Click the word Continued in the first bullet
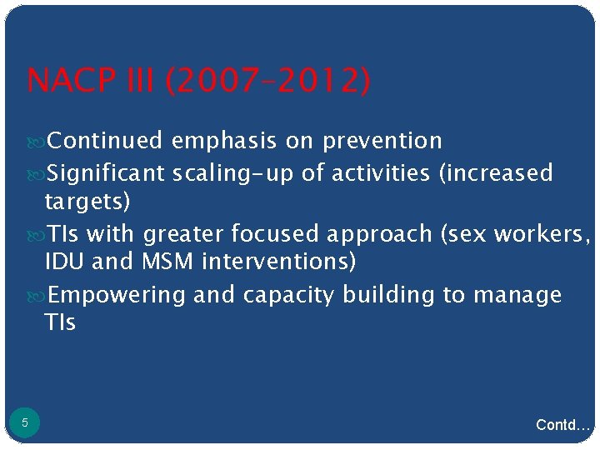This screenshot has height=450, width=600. click(105, 142)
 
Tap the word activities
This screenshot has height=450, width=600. click(381, 173)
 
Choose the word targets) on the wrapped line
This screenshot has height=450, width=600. click(87, 202)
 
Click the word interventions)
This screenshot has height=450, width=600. click(278, 262)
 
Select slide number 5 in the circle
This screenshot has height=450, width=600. click(25, 423)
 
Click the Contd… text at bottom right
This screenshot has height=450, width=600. click(563, 426)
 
